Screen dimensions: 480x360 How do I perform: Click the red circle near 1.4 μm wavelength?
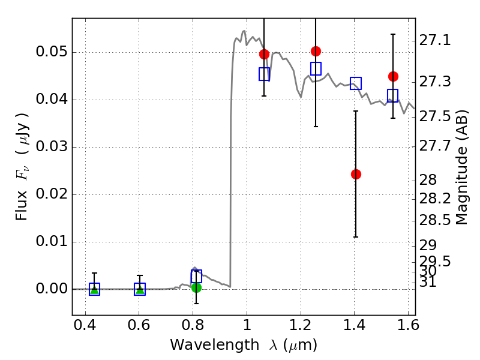coord(356,174)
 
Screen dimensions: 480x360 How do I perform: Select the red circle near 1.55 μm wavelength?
coord(393,77)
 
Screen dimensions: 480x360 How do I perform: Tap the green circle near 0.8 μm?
coord(196,288)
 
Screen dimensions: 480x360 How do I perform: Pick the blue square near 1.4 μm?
coord(356,83)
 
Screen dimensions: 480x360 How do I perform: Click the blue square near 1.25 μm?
coord(316,68)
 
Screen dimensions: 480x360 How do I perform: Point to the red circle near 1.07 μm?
coord(264,54)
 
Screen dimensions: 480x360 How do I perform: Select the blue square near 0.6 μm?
coord(140,289)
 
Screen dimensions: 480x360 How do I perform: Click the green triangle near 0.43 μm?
coord(94,289)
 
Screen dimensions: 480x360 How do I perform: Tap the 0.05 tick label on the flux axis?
coord(52,52)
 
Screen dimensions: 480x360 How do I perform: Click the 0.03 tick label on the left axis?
coord(52,146)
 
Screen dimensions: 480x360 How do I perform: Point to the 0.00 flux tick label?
coord(52,289)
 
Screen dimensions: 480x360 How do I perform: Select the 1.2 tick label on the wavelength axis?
coord(301,325)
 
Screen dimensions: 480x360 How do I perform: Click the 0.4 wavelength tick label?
coord(85,325)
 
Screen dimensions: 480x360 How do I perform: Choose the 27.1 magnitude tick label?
coord(435,40)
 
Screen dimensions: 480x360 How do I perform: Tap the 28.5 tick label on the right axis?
coord(435,220)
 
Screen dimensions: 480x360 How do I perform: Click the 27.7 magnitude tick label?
coord(435,146)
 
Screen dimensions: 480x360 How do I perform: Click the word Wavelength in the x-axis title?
coord(215,345)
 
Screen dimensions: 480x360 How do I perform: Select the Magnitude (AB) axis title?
coord(461,167)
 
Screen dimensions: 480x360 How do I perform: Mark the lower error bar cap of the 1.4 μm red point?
coord(356,237)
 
